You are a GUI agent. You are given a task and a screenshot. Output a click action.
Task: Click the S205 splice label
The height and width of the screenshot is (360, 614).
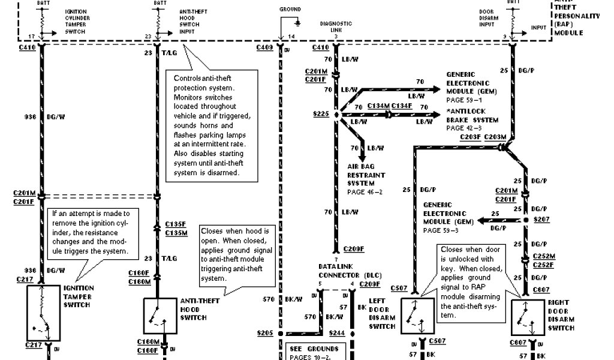pyautogui.click(x=265, y=333)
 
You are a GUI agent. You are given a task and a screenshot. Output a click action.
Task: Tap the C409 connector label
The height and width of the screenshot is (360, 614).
pyautogui.click(x=265, y=47)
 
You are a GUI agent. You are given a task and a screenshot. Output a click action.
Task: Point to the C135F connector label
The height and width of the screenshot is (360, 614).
pyautogui.click(x=176, y=226)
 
